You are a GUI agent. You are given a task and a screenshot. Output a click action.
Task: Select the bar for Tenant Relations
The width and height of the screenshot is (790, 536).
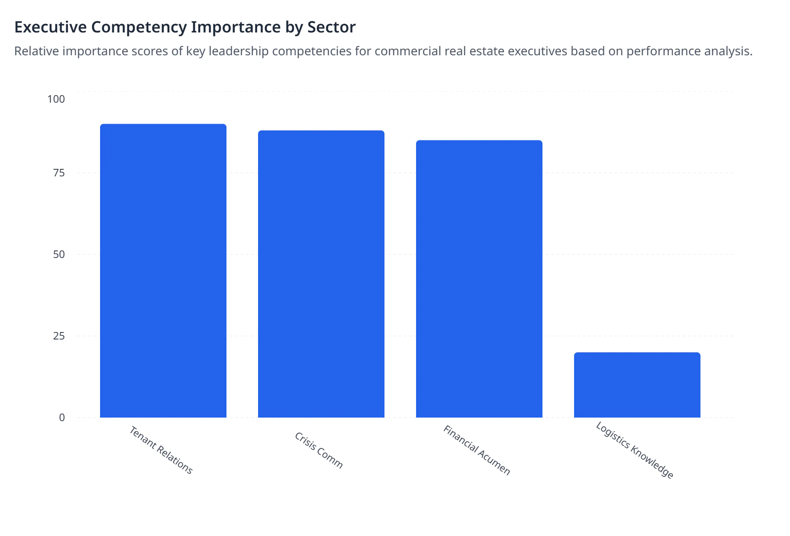[x=163, y=271]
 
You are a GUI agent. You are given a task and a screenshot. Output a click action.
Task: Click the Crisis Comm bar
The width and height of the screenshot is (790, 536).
[x=321, y=274]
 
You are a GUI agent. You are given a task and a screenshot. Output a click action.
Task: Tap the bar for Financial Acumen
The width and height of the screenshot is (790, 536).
[x=479, y=279]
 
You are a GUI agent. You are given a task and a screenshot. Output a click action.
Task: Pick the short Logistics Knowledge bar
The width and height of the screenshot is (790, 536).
[x=637, y=385]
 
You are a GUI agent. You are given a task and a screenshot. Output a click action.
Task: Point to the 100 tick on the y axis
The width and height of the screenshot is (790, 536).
[x=56, y=99]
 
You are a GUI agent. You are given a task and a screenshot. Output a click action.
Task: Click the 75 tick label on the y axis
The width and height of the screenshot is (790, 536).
[x=59, y=173]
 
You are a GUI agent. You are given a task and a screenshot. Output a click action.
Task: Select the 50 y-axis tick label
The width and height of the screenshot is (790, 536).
[x=59, y=254]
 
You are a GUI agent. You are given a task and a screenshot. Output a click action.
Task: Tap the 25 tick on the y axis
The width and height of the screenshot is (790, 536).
[x=59, y=336]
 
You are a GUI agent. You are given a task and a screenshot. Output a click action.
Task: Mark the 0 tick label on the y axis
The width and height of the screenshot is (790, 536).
[x=62, y=418]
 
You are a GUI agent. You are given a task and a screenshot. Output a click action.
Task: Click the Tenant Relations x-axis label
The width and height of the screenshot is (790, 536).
[x=161, y=450]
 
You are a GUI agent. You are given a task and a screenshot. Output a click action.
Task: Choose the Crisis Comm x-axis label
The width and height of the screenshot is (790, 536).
[x=319, y=450]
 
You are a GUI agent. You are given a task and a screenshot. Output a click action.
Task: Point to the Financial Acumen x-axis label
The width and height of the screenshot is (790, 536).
[x=477, y=450]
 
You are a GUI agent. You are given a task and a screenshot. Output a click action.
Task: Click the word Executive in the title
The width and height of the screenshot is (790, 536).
[x=50, y=27]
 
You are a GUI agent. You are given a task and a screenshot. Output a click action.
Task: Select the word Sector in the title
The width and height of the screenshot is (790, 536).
[x=331, y=27]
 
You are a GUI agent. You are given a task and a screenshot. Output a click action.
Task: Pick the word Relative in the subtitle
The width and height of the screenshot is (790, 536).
[x=36, y=51]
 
